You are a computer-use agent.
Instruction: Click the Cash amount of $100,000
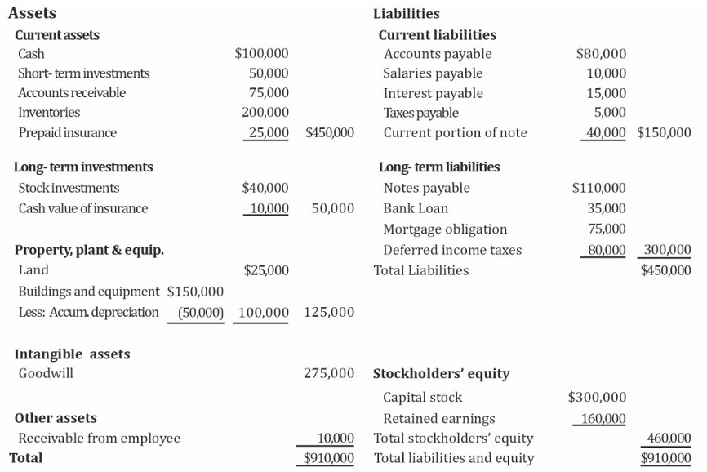coord(261,54)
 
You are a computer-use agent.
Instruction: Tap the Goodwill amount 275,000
coord(329,374)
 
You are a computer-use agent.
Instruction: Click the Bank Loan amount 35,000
coord(607,208)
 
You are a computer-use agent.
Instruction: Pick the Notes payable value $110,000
coord(599,189)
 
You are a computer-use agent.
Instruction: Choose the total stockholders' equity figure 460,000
coord(669,439)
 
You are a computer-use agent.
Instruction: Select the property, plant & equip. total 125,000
coord(329,312)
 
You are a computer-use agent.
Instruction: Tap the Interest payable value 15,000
coord(607,93)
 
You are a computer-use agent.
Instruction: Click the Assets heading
coord(32,13)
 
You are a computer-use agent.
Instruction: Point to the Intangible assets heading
coord(72,354)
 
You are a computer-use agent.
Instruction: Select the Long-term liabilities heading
coord(439,167)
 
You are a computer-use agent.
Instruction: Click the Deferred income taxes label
coord(452,251)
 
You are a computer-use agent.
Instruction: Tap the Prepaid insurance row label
coord(67,132)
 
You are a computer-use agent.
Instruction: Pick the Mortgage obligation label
coord(445,229)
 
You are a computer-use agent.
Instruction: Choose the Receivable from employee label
coord(99,439)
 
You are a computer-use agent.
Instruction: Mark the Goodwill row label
coord(46,374)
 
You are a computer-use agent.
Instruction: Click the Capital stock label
coord(422,398)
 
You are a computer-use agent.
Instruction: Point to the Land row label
coord(33,270)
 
